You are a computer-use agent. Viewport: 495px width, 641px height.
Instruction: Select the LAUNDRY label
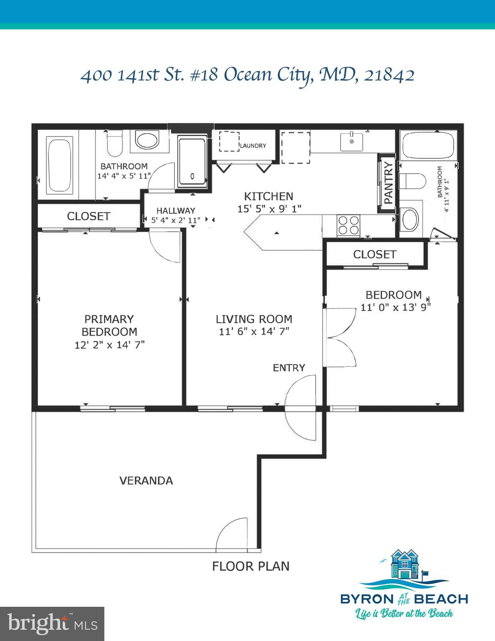[253, 146]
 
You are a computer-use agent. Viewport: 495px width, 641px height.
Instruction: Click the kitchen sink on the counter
[351, 141]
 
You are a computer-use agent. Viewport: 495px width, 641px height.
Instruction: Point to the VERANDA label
[146, 481]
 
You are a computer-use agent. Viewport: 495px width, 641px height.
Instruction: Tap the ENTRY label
[289, 368]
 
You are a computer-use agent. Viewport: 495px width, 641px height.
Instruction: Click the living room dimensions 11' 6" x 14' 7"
[254, 332]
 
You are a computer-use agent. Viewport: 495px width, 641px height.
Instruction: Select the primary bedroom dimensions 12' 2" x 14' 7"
[109, 345]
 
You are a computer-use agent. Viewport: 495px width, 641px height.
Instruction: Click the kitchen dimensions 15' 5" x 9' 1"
[269, 209]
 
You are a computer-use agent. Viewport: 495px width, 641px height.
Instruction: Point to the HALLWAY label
[176, 211]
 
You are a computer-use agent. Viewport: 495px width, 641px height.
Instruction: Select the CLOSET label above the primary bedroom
[88, 216]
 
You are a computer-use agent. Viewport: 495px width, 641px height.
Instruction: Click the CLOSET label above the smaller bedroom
[374, 254]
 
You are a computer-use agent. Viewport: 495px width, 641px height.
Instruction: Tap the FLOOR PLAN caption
[250, 566]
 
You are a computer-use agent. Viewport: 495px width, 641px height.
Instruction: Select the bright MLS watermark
[52, 624]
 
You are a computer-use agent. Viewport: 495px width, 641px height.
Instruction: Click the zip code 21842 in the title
[389, 76]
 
